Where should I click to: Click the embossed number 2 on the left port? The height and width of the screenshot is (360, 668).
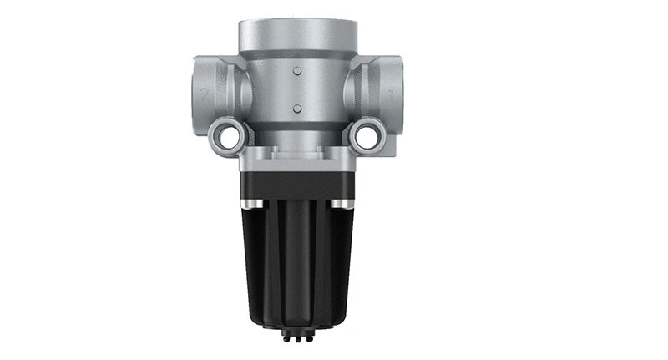(x=204, y=94)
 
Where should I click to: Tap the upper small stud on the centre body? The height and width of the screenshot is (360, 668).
(x=297, y=71)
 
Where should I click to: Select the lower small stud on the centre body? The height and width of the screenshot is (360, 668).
(x=297, y=108)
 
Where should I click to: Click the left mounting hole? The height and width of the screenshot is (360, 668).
(x=225, y=135)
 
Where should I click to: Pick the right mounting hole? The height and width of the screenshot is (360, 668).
(x=367, y=135)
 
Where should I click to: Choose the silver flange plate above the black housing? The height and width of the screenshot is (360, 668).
(x=297, y=159)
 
